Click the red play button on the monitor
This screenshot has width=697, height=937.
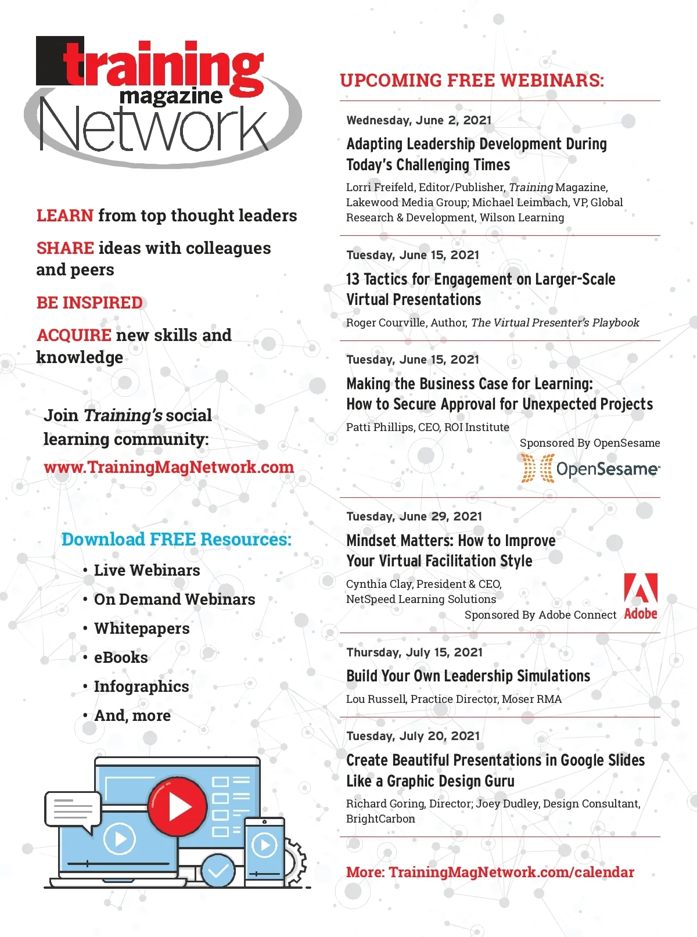coord(177,806)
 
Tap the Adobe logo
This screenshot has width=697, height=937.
coord(641,596)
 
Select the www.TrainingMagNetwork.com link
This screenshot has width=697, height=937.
coord(168,467)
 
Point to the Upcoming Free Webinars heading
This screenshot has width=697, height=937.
coord(472,80)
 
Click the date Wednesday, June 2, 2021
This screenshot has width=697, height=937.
coord(419,120)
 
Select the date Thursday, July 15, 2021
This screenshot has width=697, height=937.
coord(414,652)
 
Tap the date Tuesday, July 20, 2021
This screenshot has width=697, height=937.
coord(413,736)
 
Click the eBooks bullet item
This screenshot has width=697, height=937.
coord(121,658)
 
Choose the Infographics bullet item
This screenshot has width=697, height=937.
coord(141,687)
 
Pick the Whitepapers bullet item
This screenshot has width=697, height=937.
coord(142,629)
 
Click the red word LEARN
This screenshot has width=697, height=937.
coord(64,216)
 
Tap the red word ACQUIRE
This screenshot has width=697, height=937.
coord(74,335)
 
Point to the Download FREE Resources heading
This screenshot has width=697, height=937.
coord(176,540)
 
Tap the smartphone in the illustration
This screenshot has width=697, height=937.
coord(264,851)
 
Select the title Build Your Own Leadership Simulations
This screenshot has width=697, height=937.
coord(468,676)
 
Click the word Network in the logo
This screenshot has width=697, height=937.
coord(154,128)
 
